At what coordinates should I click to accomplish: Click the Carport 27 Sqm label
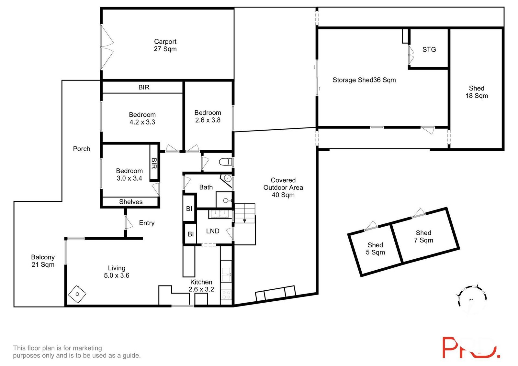[165, 45]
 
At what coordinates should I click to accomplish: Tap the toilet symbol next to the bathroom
[226, 162]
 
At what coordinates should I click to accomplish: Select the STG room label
[429, 49]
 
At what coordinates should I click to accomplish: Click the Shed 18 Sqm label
[477, 92]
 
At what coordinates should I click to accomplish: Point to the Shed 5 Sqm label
[375, 249]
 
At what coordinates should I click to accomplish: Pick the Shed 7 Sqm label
[423, 236]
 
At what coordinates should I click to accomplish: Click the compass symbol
[472, 299]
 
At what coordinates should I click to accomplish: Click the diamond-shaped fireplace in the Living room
[77, 294]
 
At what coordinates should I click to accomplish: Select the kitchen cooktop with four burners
[226, 295]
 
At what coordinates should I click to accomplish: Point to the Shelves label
[131, 202]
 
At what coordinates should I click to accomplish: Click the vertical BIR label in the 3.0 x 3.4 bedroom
[154, 163]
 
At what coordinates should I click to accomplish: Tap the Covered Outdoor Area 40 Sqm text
[283, 188]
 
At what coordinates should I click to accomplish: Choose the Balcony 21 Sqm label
[43, 261]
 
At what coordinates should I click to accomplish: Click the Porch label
[82, 149]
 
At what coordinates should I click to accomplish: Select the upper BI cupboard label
[189, 209]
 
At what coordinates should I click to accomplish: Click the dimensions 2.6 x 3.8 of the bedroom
[208, 120]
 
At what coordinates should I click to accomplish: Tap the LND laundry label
[213, 231]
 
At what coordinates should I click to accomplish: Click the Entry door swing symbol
[129, 222]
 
